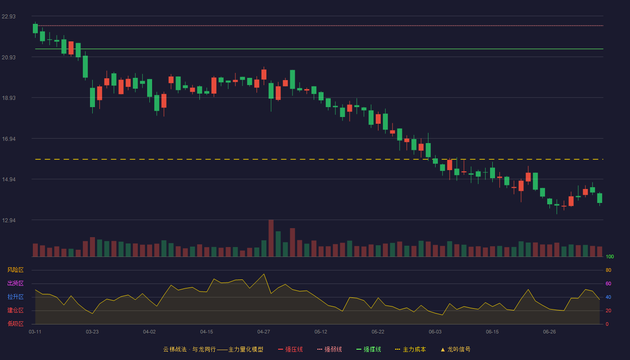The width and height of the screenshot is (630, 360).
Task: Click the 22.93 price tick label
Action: pyautogui.click(x=9, y=16)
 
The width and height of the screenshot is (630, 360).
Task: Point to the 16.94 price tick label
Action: pyautogui.click(x=9, y=139)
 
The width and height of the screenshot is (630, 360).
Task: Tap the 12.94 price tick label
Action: pyautogui.click(x=9, y=220)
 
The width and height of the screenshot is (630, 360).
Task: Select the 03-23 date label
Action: pyautogui.click(x=92, y=332)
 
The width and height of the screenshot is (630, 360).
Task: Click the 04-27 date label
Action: pyautogui.click(x=264, y=332)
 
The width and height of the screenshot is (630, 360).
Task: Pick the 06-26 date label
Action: pyautogui.click(x=549, y=332)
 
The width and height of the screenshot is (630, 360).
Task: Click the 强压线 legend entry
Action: pyautogui.click(x=291, y=349)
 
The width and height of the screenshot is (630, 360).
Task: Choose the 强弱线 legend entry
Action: pyautogui.click(x=329, y=349)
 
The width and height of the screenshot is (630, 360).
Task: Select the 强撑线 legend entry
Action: pyautogui.click(x=369, y=349)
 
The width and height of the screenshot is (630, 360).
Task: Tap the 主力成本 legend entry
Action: pyautogui.click(x=410, y=349)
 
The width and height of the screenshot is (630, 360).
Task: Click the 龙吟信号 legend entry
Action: pyautogui.click(x=455, y=349)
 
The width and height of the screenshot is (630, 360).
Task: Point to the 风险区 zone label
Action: pyautogui.click(x=15, y=270)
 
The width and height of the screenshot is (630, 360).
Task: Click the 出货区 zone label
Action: pyautogui.click(x=15, y=283)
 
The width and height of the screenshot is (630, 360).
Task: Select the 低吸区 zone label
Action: pyautogui.click(x=15, y=324)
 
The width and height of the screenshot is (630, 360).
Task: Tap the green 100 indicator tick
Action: pyautogui.click(x=610, y=256)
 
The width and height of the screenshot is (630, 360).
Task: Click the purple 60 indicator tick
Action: pyautogui.click(x=608, y=283)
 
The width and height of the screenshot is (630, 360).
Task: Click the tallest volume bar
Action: pyautogui.click(x=271, y=238)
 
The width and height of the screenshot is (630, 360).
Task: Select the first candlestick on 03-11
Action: pyautogui.click(x=35, y=29)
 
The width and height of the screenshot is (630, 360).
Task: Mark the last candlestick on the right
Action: pyautogui.click(x=599, y=198)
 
